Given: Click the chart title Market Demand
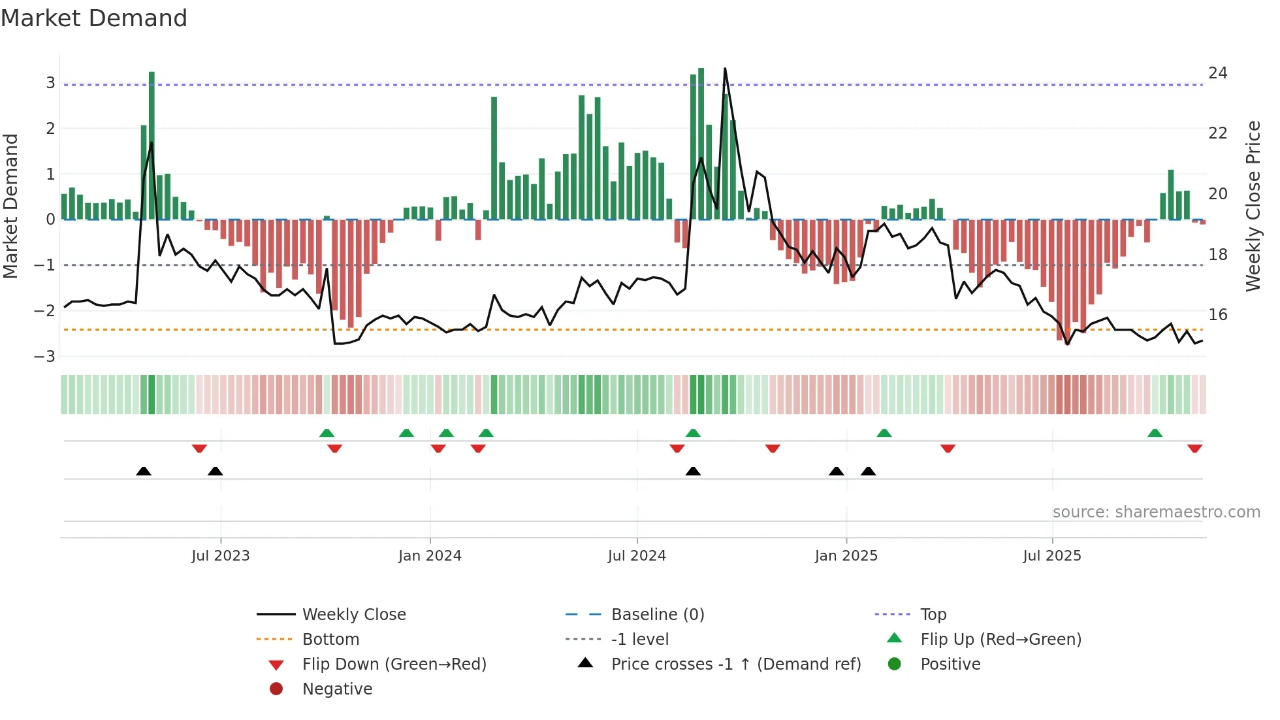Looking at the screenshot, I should coord(94,18).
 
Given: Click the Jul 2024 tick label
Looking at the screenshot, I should coord(637,556).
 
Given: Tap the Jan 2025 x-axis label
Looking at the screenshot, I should coord(846,556).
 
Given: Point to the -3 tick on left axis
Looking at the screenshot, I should coord(45,357).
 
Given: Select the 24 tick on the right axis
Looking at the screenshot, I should coord(1218,73).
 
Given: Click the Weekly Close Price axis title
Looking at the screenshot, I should coord(1253,206).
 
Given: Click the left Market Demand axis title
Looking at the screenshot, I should coord(11,206).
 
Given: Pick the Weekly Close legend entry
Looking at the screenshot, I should coord(354,615).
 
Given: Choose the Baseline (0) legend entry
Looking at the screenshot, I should coord(657,615).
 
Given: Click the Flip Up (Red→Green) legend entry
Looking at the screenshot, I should coord(1000,640).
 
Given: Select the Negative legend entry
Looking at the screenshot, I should coord(337,689).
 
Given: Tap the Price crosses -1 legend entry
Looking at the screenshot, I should coord(735,664).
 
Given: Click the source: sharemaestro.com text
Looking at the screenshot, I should coord(1156,512).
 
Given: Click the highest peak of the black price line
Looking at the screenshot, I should coord(725,69).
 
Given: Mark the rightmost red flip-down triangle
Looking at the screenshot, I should coord(1194,449).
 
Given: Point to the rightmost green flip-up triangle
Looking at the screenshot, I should coord(1155,433).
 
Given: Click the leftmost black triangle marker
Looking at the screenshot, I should coord(144,471).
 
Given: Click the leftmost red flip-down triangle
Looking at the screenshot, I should coord(199,449).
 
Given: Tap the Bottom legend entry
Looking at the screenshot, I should coord(330,640).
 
